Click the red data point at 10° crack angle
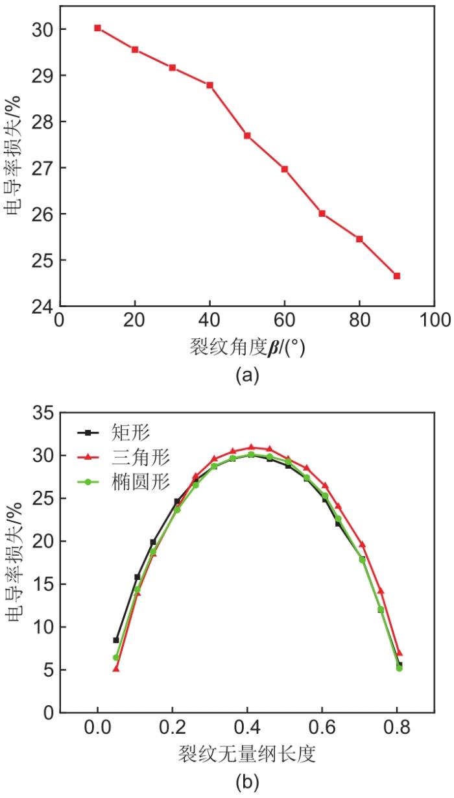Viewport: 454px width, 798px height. click(97, 28)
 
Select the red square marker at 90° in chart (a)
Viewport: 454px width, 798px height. click(397, 276)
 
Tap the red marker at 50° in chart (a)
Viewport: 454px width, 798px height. click(247, 136)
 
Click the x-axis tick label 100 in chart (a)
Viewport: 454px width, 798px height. click(434, 321)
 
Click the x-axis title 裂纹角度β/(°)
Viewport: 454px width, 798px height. click(247, 348)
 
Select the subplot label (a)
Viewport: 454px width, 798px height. click(247, 375)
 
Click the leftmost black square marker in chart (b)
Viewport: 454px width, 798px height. click(116, 640)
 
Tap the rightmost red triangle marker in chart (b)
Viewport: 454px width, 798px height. click(400, 653)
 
